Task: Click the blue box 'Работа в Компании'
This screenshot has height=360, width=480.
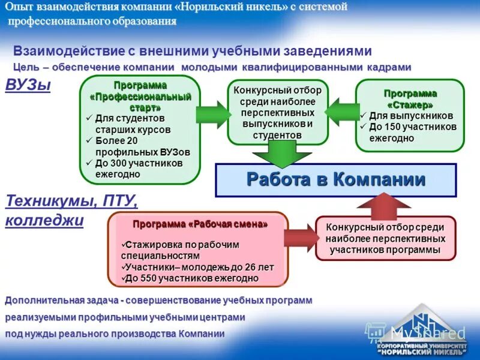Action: click(x=336, y=180)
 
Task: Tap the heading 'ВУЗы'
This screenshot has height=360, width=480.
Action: click(x=28, y=85)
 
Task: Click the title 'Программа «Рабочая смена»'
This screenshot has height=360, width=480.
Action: click(x=200, y=224)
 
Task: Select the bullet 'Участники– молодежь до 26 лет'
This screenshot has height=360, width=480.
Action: click(x=199, y=267)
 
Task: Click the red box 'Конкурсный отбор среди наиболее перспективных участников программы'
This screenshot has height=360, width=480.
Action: click(x=385, y=238)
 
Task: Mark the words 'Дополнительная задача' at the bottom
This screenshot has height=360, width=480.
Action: click(x=60, y=300)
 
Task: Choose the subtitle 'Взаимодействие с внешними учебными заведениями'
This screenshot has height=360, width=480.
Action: click(x=193, y=51)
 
